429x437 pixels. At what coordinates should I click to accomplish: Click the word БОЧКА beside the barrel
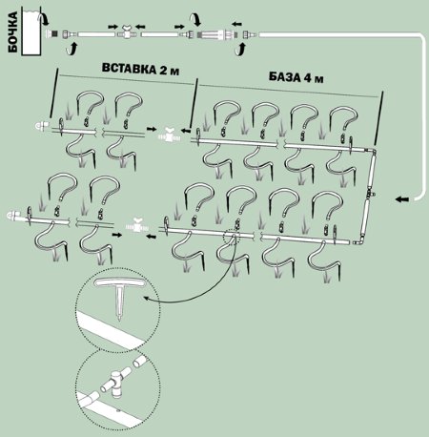(x=12, y=32)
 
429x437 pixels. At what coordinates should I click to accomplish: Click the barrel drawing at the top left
(x=31, y=32)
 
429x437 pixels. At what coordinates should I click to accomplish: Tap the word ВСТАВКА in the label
(x=129, y=68)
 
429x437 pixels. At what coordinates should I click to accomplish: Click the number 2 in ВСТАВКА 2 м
(x=163, y=70)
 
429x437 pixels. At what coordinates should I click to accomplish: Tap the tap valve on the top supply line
(x=127, y=31)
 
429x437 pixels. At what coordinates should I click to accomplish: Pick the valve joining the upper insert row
(x=169, y=135)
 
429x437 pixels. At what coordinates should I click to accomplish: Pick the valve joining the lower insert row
(x=137, y=224)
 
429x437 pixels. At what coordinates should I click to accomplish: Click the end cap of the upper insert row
(x=41, y=125)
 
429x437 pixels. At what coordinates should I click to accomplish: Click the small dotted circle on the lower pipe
(x=231, y=237)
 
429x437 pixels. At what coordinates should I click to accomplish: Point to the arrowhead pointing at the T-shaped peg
(x=147, y=298)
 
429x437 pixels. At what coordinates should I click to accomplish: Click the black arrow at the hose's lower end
(x=401, y=199)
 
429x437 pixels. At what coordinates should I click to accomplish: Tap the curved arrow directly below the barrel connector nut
(x=72, y=50)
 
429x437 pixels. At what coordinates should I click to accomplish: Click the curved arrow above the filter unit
(x=195, y=19)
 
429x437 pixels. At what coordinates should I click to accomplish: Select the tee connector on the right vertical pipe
(x=370, y=193)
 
